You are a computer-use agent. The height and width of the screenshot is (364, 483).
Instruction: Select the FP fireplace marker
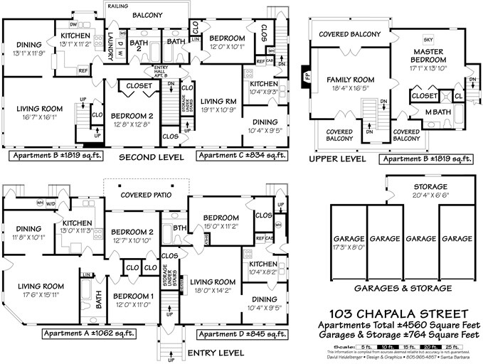(307, 73)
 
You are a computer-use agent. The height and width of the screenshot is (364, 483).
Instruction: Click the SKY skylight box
(428, 39)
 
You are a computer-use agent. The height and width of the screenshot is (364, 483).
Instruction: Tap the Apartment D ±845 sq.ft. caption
(241, 333)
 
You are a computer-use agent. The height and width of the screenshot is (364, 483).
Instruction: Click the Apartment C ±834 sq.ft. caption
(241, 155)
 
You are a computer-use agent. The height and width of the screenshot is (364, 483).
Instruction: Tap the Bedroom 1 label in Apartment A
(132, 299)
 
